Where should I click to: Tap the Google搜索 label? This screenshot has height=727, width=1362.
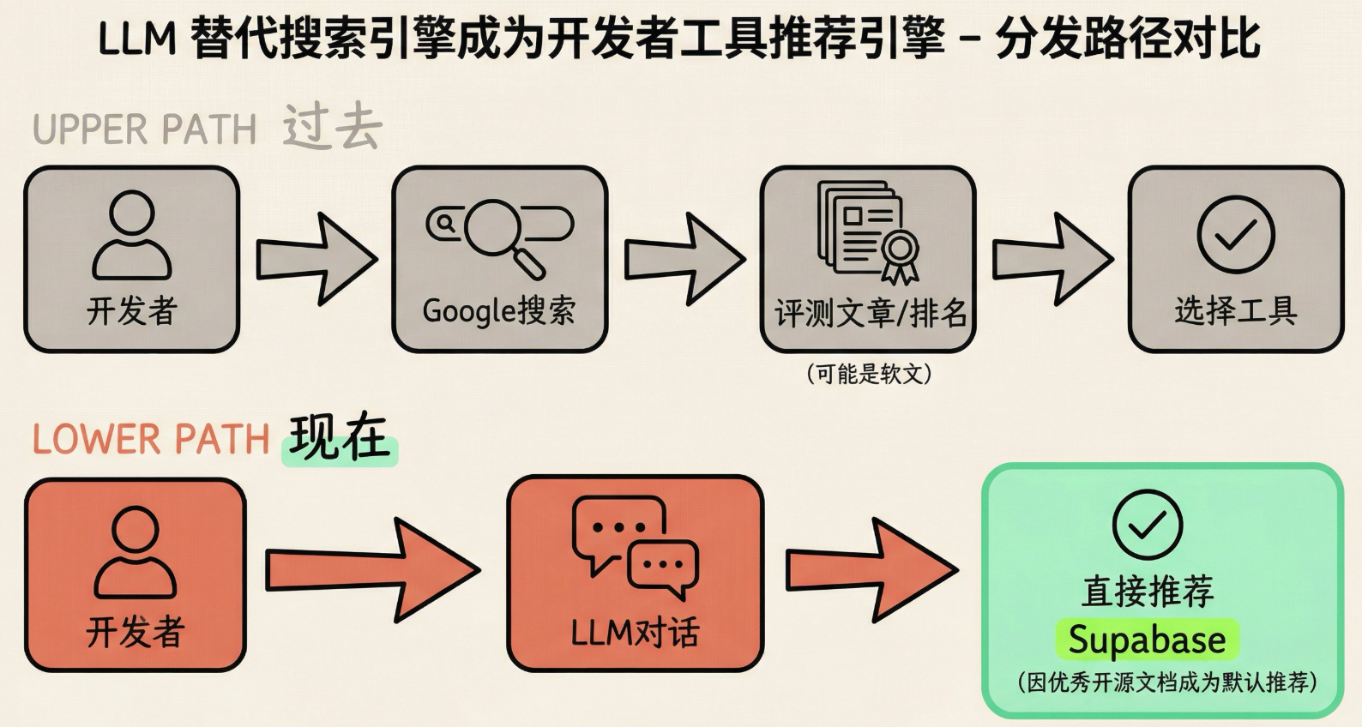tap(498, 310)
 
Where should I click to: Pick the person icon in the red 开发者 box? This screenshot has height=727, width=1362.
tap(135, 552)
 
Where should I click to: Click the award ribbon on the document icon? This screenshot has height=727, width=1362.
tap(900, 254)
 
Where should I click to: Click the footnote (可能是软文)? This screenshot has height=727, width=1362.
tap(869, 374)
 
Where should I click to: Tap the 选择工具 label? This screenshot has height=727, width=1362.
tap(1235, 310)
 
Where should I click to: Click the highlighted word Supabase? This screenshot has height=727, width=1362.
tap(1147, 640)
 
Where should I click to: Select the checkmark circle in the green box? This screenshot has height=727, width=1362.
tap(1147, 525)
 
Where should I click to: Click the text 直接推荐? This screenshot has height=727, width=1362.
tap(1147, 592)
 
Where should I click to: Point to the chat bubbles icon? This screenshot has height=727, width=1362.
tap(635, 546)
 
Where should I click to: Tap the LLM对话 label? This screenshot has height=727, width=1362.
tap(635, 633)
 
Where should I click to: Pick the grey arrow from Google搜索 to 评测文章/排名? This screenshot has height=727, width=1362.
tap(684, 259)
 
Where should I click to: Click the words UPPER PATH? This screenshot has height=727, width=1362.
tap(145, 130)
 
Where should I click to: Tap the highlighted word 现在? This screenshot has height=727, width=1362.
tap(340, 438)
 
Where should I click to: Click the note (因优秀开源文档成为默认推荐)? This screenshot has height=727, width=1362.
tap(1166, 682)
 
